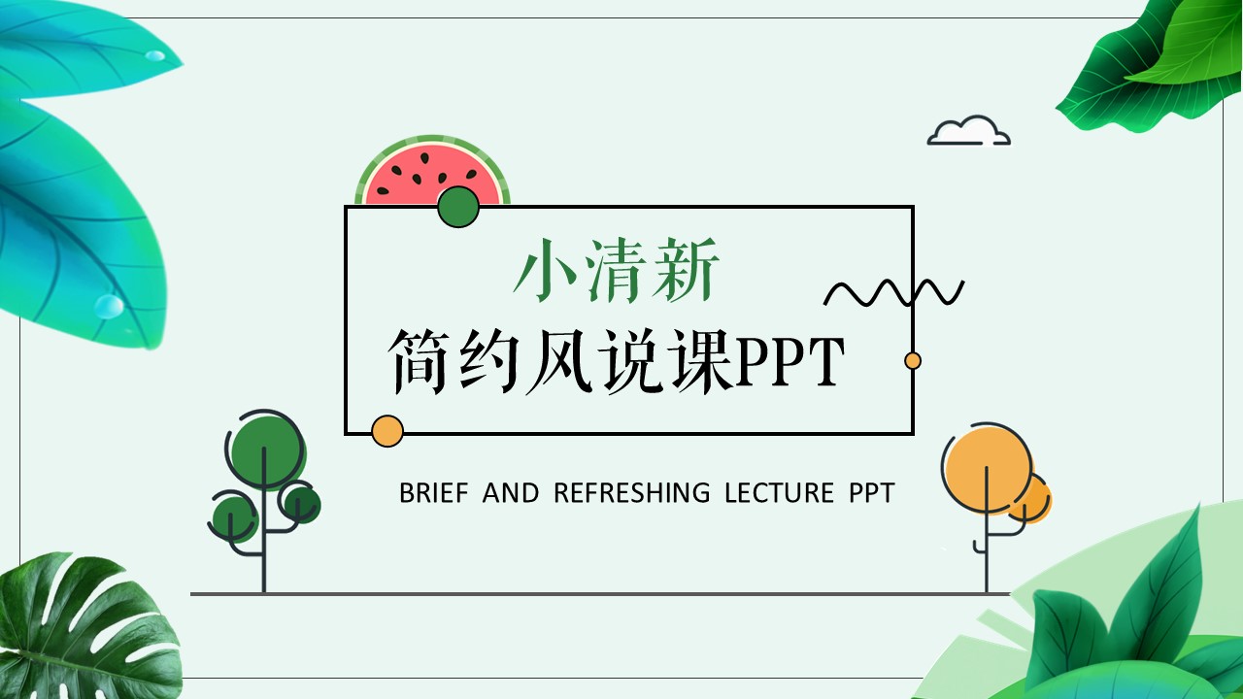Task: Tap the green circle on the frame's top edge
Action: (458, 207)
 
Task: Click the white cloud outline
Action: (969, 131)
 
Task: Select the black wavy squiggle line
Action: (893, 292)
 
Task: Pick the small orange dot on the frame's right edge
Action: (913, 360)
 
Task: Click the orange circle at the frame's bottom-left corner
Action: (387, 431)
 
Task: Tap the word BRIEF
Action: (434, 492)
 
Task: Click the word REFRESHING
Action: (632, 492)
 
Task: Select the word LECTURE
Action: (779, 492)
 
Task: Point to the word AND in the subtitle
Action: (511, 492)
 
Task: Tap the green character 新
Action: (686, 271)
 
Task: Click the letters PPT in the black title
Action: (789, 361)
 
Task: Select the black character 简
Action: (418, 361)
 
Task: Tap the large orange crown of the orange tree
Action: (988, 467)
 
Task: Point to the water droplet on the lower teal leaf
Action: (109, 306)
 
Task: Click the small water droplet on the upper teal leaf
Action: (154, 55)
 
